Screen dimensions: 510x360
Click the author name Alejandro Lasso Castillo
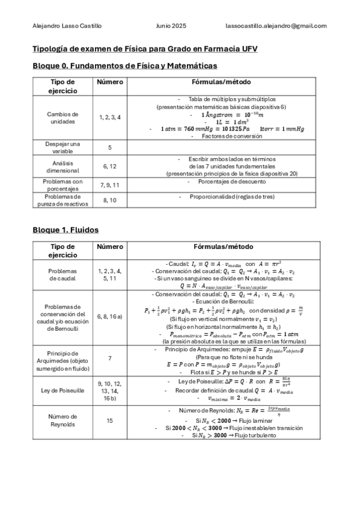pyautogui.click(x=67, y=26)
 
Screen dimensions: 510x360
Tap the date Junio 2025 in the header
pyautogui.click(x=171, y=26)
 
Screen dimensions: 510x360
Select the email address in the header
pyautogui.click(x=276, y=26)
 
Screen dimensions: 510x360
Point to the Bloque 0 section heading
pyautogui.click(x=124, y=66)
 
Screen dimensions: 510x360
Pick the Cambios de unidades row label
pyautogui.click(x=63, y=117)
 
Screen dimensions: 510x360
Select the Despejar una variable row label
pyautogui.click(x=63, y=148)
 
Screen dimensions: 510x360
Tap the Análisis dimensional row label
pyautogui.click(x=63, y=166)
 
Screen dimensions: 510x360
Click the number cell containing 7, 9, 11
pyautogui.click(x=110, y=184)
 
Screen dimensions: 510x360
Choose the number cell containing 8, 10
pyautogui.click(x=110, y=200)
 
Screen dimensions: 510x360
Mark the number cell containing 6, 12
pyautogui.click(x=110, y=166)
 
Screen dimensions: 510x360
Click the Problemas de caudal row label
pyautogui.click(x=63, y=275)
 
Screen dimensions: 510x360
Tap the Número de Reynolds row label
pyautogui.click(x=63, y=420)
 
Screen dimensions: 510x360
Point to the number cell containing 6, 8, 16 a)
pyautogui.click(x=110, y=316)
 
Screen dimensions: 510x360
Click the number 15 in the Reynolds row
pyautogui.click(x=110, y=420)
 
